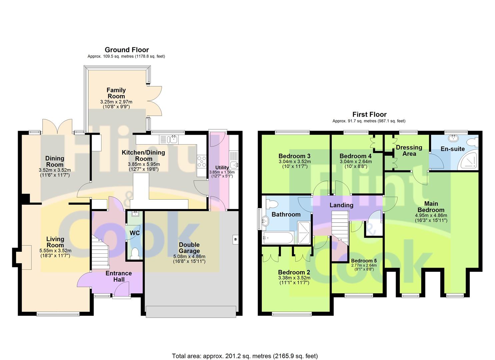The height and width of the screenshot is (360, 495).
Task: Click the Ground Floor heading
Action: (x=127, y=50)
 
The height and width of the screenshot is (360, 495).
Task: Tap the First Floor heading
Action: (x=369, y=114)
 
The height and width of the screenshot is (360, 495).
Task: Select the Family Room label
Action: (x=116, y=93)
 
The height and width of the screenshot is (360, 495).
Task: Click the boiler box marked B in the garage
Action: (x=235, y=239)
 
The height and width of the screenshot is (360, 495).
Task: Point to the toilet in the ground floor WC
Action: (x=134, y=253)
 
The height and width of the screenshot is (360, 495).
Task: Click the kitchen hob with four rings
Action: (x=202, y=162)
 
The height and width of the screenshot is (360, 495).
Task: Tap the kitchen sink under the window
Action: (x=173, y=139)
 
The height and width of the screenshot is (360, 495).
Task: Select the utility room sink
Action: (x=234, y=165)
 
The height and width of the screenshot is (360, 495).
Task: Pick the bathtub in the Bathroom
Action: (x=278, y=238)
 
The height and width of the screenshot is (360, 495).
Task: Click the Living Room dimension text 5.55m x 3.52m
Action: (x=55, y=251)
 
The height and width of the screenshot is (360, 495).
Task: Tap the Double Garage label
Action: (x=189, y=248)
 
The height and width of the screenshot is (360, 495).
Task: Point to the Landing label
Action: (x=341, y=205)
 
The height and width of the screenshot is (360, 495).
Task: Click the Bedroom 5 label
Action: (x=364, y=261)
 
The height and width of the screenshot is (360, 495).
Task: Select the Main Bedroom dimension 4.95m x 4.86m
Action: (x=431, y=215)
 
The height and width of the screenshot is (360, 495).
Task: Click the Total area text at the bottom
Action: (x=245, y=344)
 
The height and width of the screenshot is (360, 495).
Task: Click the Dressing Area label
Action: (x=409, y=150)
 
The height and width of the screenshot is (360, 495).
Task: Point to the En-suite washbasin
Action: (x=453, y=138)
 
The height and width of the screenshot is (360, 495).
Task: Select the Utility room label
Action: (x=222, y=168)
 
